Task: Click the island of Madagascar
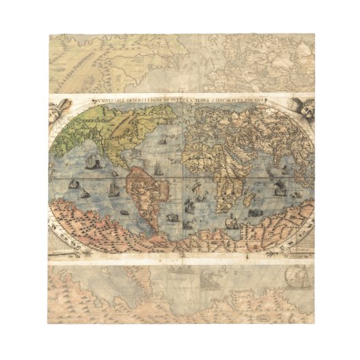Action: point(249,198)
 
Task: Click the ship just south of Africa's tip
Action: point(232,221)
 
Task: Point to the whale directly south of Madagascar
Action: point(255,213)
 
